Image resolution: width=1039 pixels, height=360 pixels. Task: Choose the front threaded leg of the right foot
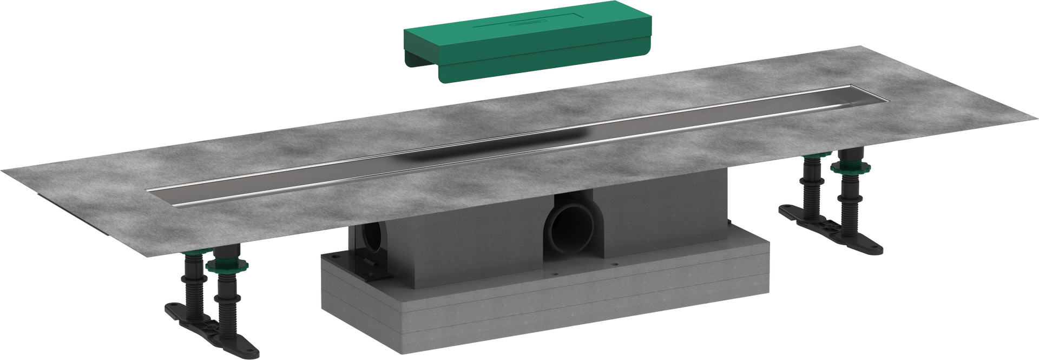[x=844, y=206]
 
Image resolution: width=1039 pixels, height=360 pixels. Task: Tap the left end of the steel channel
[x=154, y=193]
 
